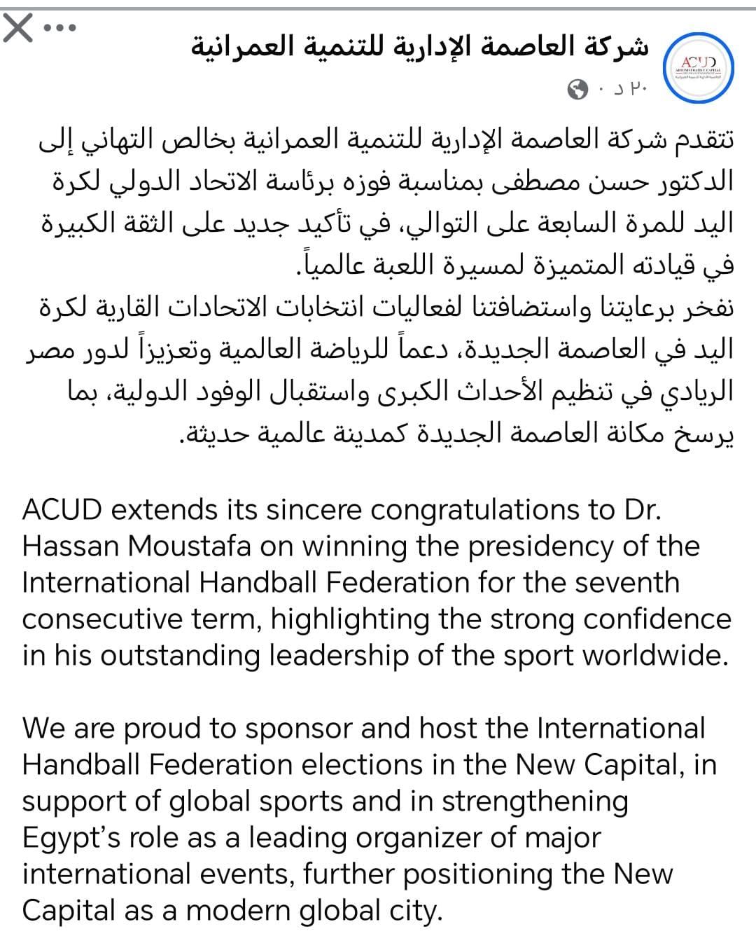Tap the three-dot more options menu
(x=60, y=29)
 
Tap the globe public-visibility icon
(x=579, y=89)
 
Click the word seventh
(x=629, y=582)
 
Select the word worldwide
(x=655, y=655)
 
